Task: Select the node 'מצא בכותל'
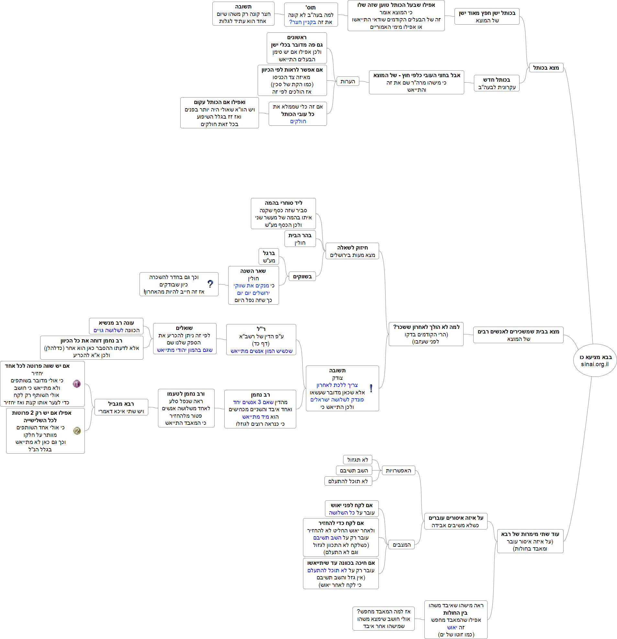546,68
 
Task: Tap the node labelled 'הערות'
348,81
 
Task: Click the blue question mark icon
210,284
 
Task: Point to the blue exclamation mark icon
371,388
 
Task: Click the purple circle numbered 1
76,384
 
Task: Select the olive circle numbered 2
77,431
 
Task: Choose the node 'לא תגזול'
357,460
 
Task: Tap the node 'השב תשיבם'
354,471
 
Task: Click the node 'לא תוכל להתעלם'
348,481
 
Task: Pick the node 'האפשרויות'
398,471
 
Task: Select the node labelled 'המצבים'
401,544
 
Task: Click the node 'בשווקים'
302,276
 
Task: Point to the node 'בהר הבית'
300,239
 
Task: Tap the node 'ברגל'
269,257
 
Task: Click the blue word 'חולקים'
298,121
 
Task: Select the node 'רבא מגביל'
121,407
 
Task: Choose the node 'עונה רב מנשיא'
116,326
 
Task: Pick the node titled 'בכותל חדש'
497,83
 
